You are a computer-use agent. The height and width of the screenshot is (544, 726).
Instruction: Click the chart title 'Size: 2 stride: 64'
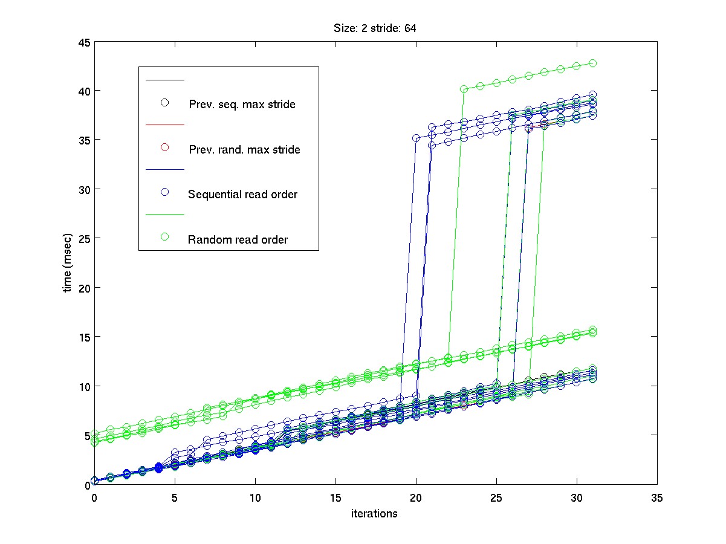coord(375,28)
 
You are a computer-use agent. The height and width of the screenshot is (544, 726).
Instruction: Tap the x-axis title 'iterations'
coord(375,514)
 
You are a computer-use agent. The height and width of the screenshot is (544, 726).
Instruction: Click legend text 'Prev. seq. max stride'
coord(242,104)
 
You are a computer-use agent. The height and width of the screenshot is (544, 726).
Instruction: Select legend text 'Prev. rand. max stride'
coord(244,149)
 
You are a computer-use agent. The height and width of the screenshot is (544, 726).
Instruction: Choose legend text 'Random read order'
coord(238,239)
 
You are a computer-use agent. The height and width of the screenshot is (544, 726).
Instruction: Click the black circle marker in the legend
coord(164,102)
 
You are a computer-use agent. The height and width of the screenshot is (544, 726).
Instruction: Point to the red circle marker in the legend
coord(164,147)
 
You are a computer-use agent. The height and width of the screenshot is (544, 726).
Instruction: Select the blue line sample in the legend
coord(164,170)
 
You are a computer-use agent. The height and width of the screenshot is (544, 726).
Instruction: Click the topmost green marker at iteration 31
coord(593,63)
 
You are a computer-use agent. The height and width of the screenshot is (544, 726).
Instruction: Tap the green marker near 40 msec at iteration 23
coord(464,89)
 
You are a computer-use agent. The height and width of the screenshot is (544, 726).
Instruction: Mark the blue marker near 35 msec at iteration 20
coord(416,138)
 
